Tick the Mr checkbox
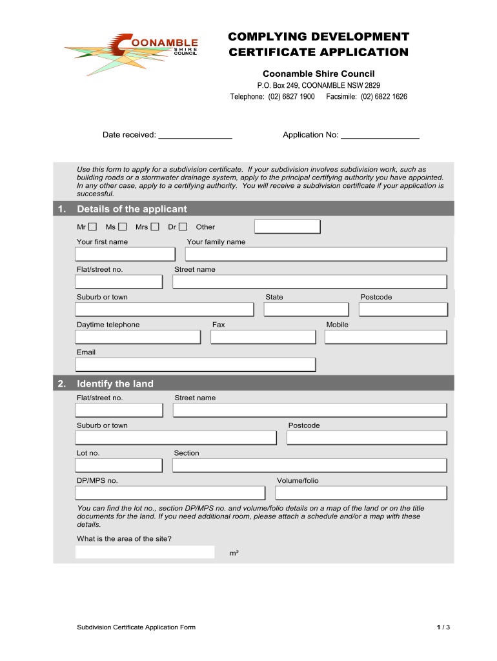[x=92, y=227]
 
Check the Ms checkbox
[x=121, y=227]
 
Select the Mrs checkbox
[x=154, y=227]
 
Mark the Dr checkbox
[x=183, y=227]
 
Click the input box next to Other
[x=287, y=227]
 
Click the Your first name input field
[x=125, y=254]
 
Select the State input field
[x=306, y=309]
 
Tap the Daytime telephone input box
[x=137, y=337]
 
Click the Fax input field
[x=263, y=337]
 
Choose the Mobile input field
[x=385, y=337]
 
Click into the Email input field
[x=196, y=365]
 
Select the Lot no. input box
[x=119, y=465]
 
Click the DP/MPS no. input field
[x=170, y=493]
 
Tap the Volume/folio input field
[x=361, y=493]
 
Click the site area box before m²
[x=145, y=552]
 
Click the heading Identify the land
[x=115, y=384]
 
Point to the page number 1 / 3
[x=443, y=627]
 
